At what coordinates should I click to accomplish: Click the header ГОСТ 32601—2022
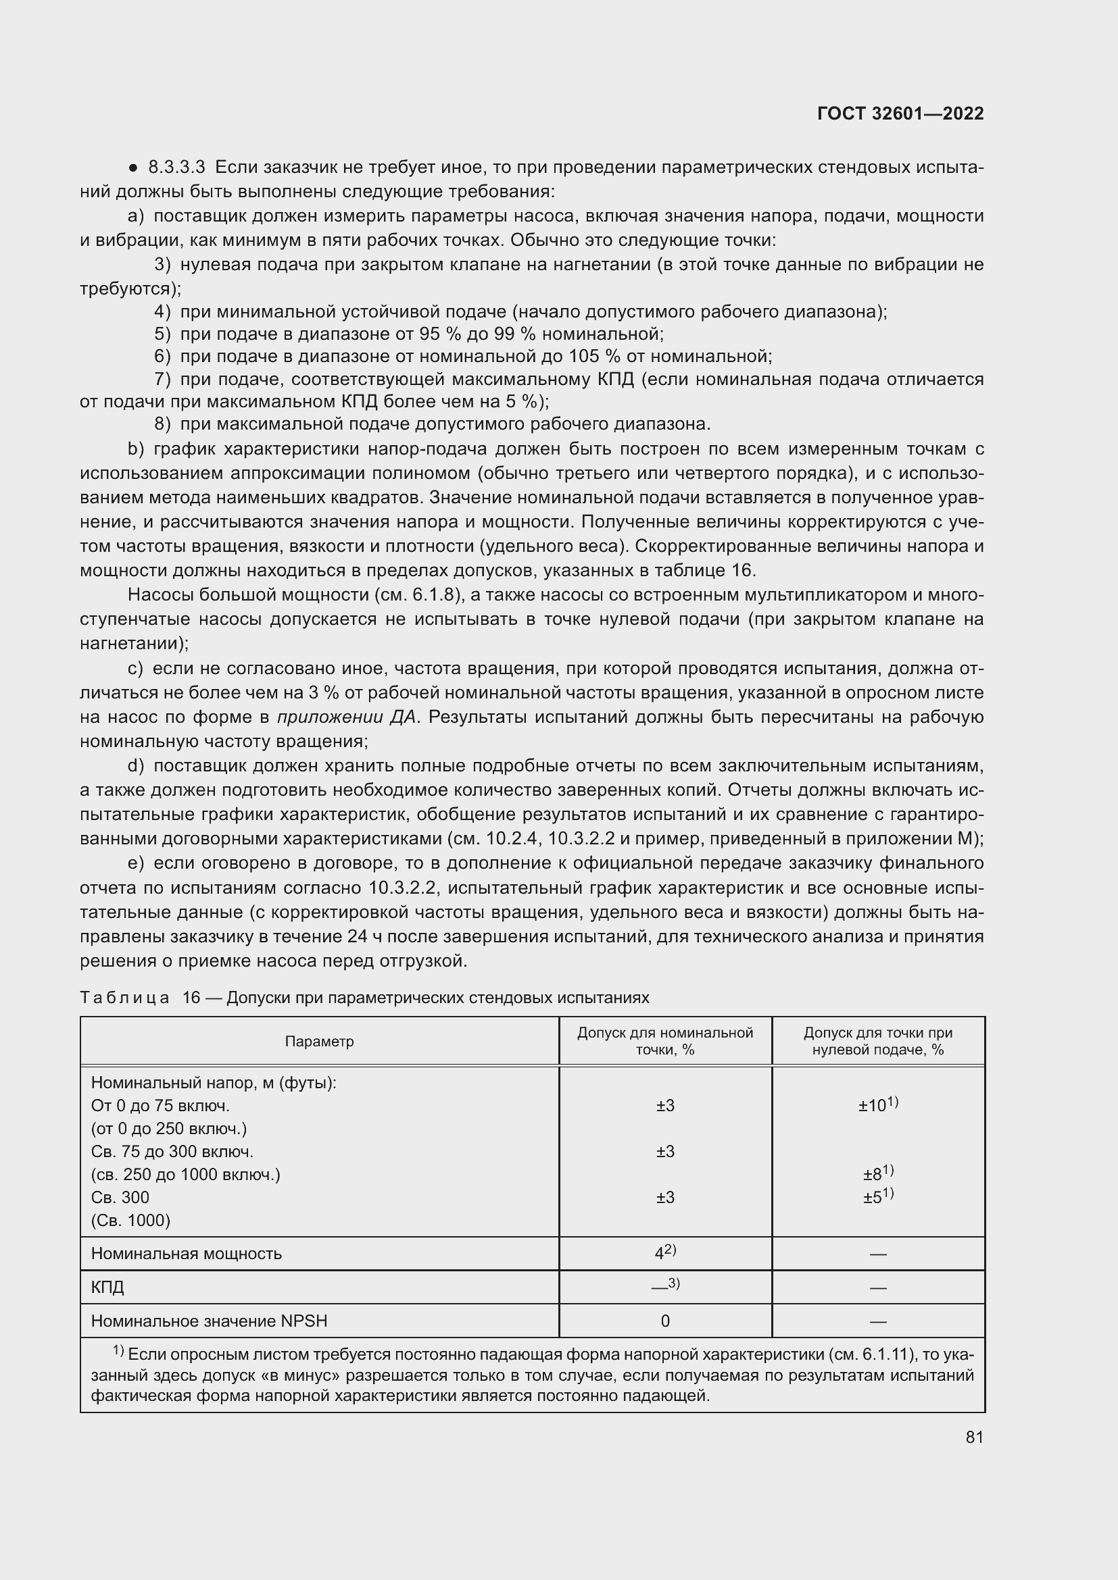(900, 114)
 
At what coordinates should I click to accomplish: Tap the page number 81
(973, 1437)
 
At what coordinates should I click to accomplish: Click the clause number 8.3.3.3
(177, 168)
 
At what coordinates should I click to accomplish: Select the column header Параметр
(319, 1042)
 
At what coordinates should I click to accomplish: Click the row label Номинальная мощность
(186, 1253)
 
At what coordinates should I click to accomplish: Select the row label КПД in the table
(107, 1287)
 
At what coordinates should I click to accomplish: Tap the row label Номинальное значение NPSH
(209, 1321)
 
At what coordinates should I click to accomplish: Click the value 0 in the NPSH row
(664, 1321)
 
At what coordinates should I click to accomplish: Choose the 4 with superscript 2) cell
(664, 1252)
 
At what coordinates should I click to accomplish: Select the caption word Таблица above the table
(124, 998)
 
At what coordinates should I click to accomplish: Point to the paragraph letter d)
(136, 766)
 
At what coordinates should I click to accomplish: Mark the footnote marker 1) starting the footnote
(118, 1352)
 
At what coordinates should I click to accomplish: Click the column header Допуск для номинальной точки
(664, 1041)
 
